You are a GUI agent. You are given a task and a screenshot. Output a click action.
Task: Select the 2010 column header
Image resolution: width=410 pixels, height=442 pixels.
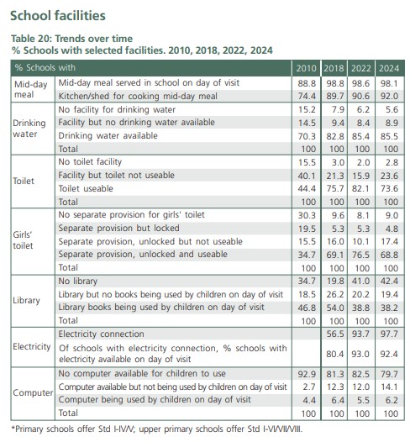click(x=307, y=67)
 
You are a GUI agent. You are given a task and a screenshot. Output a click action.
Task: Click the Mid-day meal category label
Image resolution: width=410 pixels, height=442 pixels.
click(x=30, y=91)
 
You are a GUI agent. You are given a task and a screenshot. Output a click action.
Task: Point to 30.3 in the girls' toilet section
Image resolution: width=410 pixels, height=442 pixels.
click(x=307, y=214)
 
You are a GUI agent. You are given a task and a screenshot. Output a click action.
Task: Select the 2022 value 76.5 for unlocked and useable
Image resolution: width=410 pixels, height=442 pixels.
click(x=361, y=255)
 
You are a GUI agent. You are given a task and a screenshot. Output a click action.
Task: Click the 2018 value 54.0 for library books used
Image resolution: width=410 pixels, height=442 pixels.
click(x=334, y=308)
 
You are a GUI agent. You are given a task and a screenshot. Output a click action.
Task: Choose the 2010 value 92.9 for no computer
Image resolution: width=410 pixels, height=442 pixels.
click(x=307, y=374)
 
